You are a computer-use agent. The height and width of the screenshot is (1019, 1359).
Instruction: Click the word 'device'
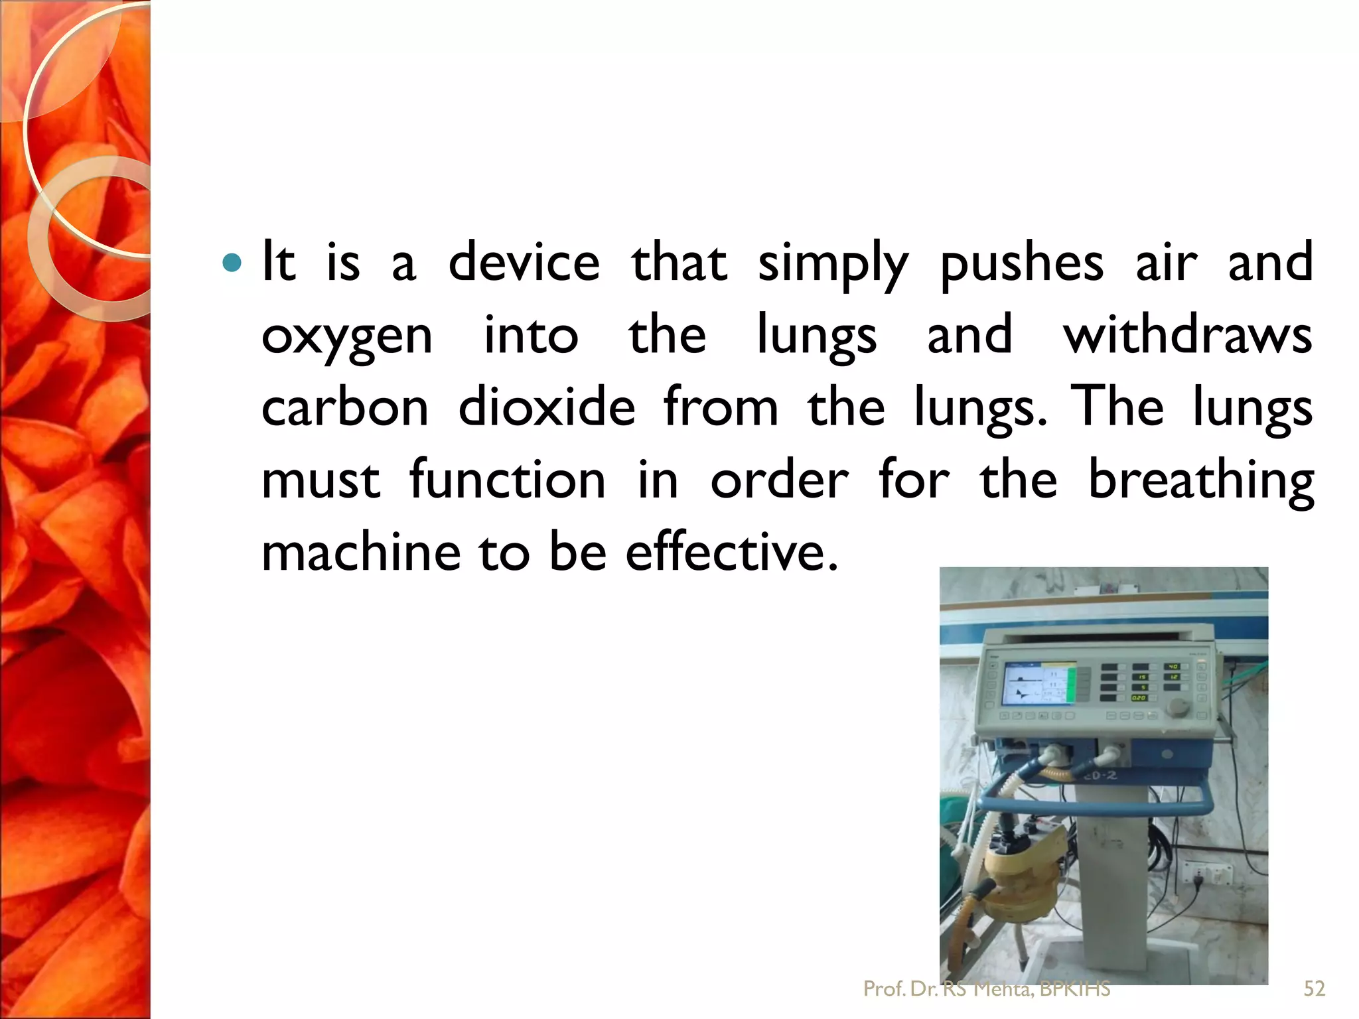[524, 262]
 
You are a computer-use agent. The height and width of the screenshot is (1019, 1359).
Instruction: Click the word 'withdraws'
[1188, 334]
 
